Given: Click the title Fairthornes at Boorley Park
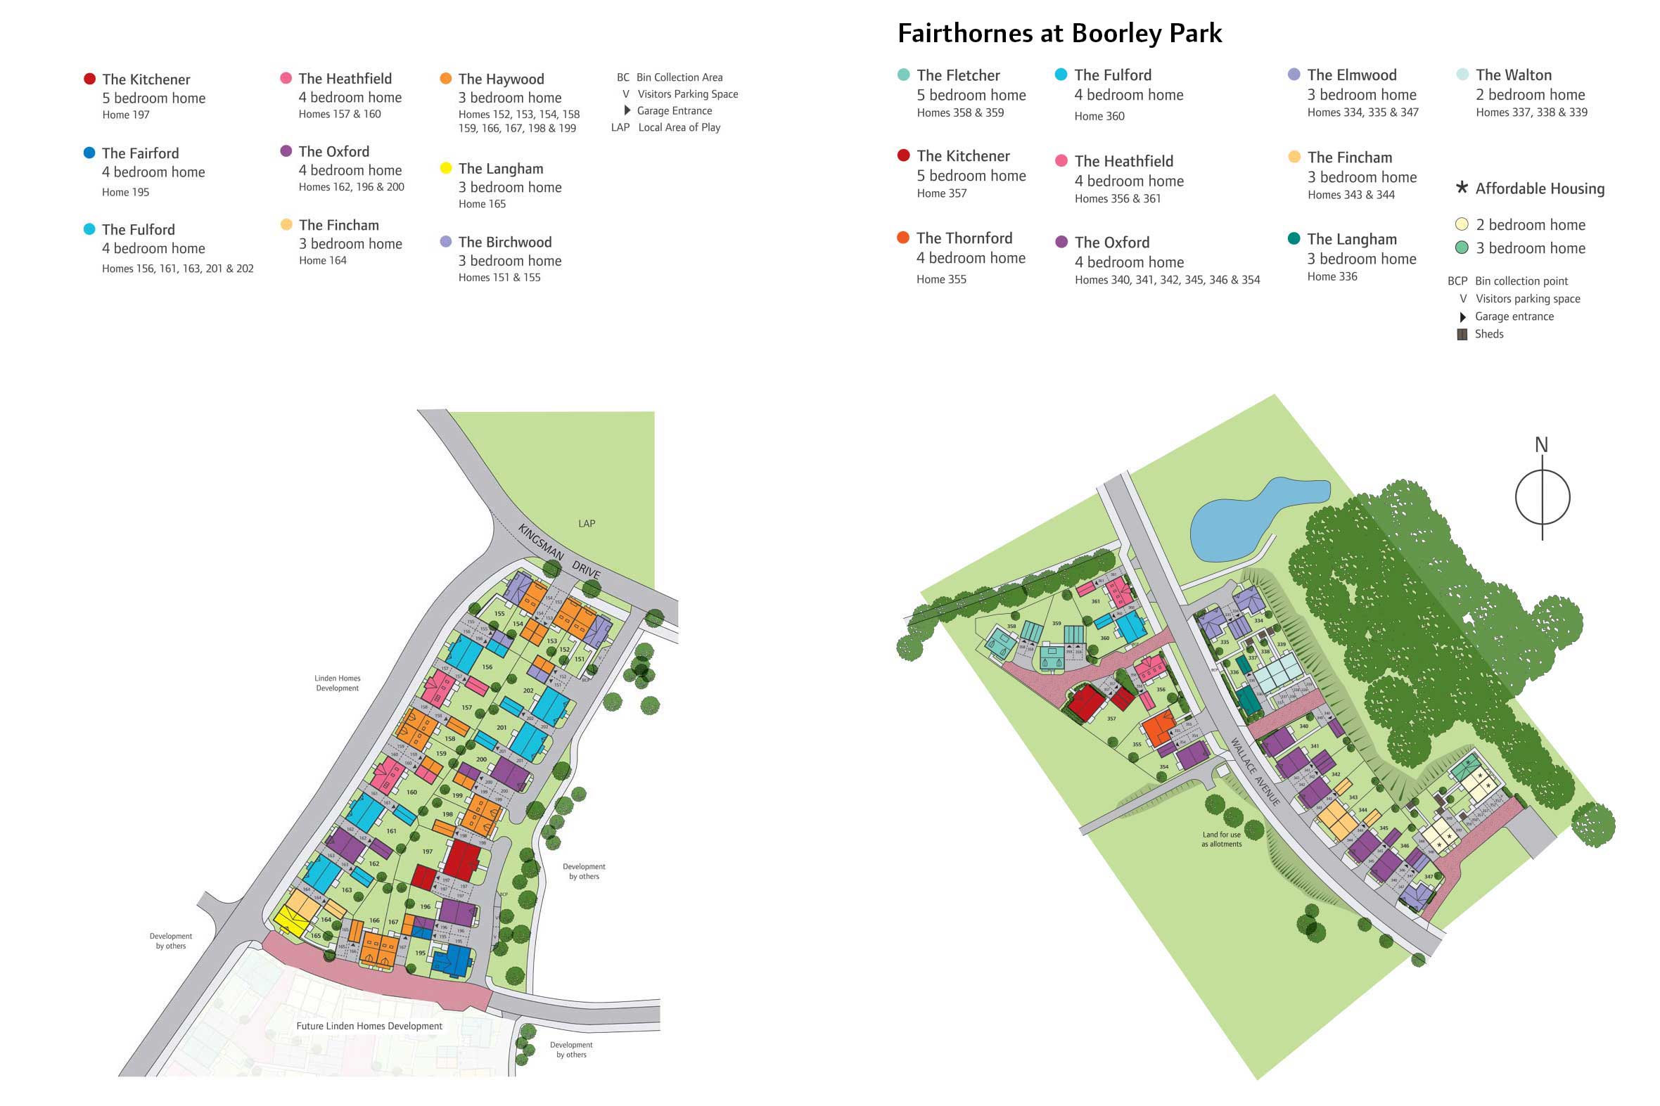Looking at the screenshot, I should coord(1059,33).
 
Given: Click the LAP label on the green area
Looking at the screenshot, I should coord(586,523).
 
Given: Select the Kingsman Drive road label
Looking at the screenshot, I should coord(558,551).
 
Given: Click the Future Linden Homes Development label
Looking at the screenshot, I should coord(369,1026).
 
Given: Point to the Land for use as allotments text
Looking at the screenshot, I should coord(1221,839).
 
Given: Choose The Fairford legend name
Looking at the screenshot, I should coord(141,153).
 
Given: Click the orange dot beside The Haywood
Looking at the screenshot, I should coord(445,78).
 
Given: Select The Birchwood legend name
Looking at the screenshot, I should coord(504,242).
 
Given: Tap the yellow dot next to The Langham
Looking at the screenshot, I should coord(445,168).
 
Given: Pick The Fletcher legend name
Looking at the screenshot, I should coord(957,75).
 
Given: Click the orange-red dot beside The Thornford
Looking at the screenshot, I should coord(902,237).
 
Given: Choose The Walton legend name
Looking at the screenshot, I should coord(1513,75).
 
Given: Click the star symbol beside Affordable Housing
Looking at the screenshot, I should coord(1462,187).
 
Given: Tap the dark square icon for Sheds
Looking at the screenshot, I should coord(1462,335).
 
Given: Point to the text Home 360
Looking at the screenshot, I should coord(1099,117).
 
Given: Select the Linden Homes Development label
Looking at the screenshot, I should coord(337,683).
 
